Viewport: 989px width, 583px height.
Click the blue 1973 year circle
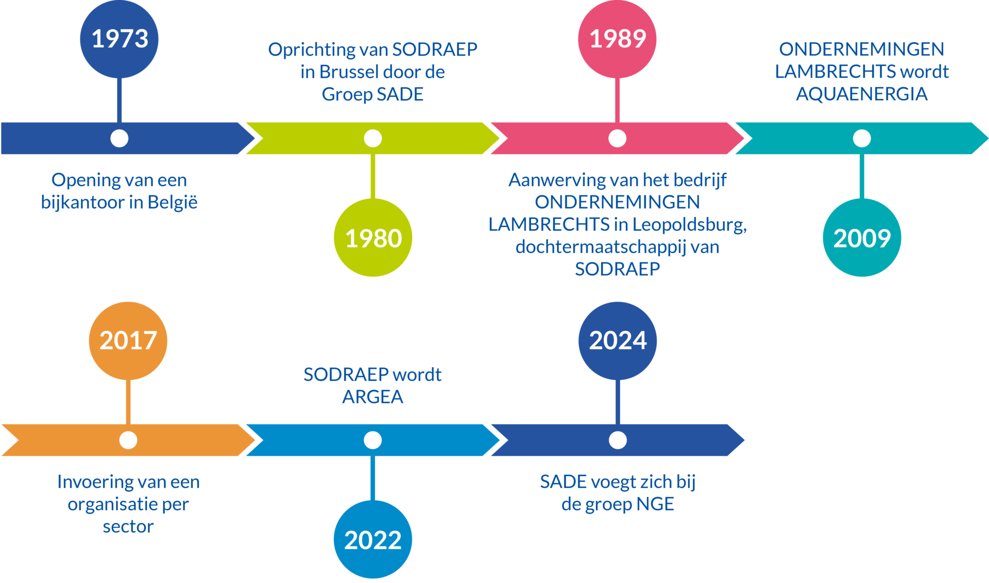coord(119,39)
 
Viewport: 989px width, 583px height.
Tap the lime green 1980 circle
coord(373,238)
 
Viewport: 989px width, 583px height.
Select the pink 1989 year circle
coord(617,39)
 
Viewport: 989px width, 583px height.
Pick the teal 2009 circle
coord(862,238)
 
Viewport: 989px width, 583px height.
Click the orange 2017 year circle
coord(128,341)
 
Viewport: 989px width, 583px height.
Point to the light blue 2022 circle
coord(373,539)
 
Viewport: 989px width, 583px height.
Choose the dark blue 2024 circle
coord(618,341)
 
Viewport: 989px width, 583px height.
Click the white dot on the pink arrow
coord(617,138)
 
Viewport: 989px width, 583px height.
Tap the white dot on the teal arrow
coord(862,138)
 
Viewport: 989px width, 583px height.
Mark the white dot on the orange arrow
coord(128,440)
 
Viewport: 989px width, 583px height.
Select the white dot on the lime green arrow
coord(373,138)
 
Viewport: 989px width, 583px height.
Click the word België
coord(173,202)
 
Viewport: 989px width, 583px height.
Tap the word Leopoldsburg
coord(690,225)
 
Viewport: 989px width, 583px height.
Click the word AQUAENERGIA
coord(862,94)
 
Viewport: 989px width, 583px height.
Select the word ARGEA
coord(373,397)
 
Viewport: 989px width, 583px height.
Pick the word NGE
coord(655,504)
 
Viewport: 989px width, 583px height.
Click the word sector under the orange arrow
coord(128,526)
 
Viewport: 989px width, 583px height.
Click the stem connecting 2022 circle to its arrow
coord(373,478)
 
